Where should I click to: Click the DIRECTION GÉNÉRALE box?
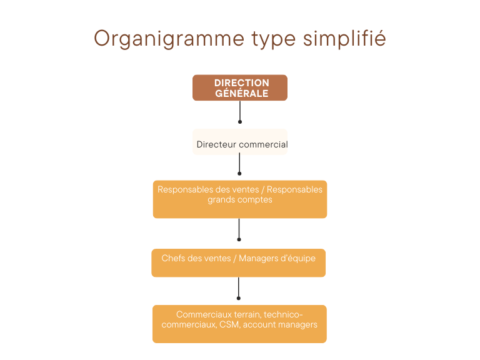click(240, 88)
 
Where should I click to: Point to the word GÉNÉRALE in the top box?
click(242, 94)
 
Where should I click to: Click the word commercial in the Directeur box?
click(263, 144)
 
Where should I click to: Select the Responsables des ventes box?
click(240, 199)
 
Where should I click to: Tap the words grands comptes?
click(240, 200)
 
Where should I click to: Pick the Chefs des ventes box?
click(239, 263)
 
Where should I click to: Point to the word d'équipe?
click(299, 258)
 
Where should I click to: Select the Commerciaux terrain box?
click(239, 324)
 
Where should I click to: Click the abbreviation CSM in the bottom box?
click(229, 325)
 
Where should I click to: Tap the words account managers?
click(280, 325)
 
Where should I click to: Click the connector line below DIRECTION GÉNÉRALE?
click(240, 111)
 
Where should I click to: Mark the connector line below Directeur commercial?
click(240, 164)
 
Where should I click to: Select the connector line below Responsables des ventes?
click(239, 228)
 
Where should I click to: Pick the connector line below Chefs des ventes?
click(239, 287)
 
